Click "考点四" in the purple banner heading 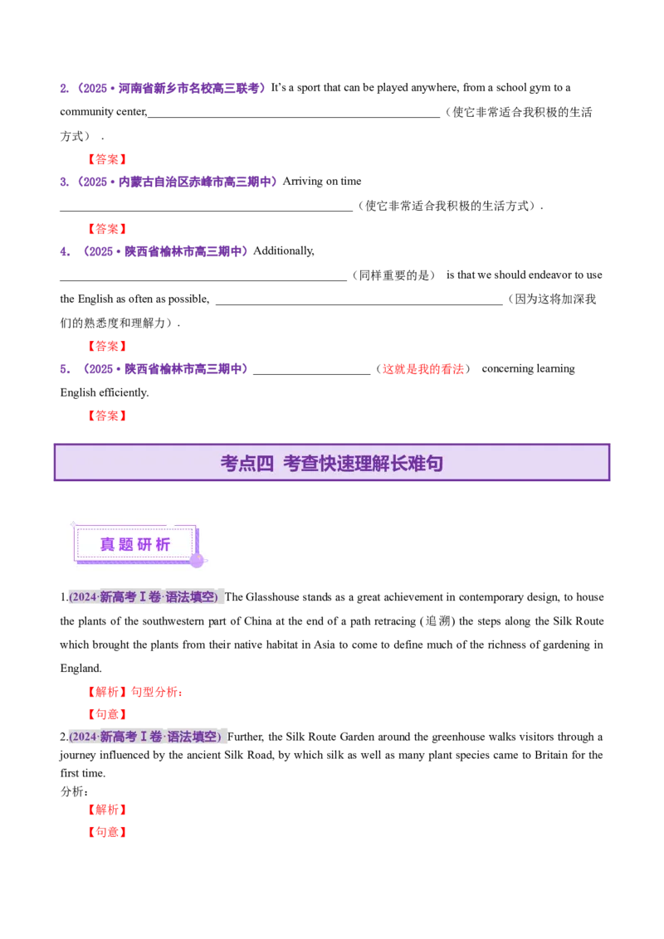point(247,464)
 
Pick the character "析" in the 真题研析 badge point(164,545)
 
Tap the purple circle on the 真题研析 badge point(197,561)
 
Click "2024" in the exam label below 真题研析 point(83,597)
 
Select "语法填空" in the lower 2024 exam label point(194,737)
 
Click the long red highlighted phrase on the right point(422,369)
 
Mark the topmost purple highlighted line point(189,88)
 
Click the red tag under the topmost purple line point(106,159)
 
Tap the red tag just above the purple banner point(106,416)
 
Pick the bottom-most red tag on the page point(106,833)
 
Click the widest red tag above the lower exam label point(135,692)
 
